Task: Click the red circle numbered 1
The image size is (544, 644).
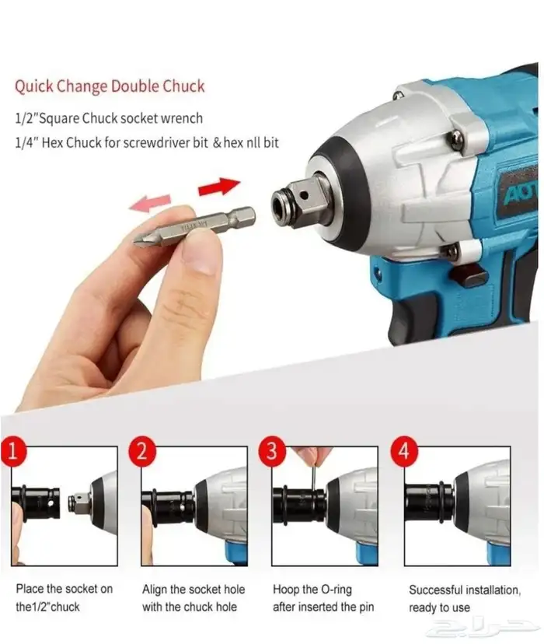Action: [x=13, y=451]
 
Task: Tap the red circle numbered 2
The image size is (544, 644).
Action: [x=143, y=451]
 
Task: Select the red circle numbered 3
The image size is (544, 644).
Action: [x=272, y=451]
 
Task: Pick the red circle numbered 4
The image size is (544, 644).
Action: [x=404, y=451]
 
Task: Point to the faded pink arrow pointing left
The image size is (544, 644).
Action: [x=150, y=202]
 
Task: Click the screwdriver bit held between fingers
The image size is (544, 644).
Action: [x=195, y=226]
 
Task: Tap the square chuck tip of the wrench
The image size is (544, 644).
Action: [x=299, y=201]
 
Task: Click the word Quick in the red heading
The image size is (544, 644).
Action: [x=34, y=86]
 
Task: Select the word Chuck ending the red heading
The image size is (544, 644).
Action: [x=183, y=86]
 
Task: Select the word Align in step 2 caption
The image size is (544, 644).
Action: [x=155, y=590]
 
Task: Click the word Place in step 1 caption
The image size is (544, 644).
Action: [x=30, y=589]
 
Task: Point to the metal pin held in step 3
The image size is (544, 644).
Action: [x=312, y=477]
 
